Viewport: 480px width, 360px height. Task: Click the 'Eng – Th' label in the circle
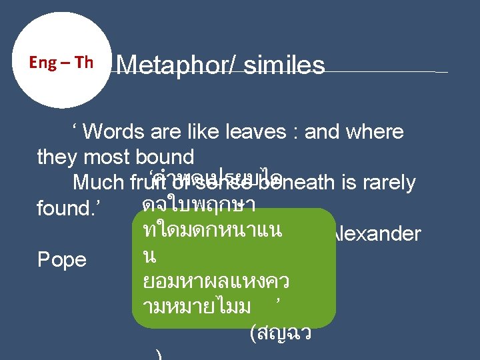61,63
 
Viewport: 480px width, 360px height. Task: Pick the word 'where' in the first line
375,131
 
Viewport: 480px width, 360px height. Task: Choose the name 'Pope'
62,259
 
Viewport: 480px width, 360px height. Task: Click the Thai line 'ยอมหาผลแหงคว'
215,281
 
